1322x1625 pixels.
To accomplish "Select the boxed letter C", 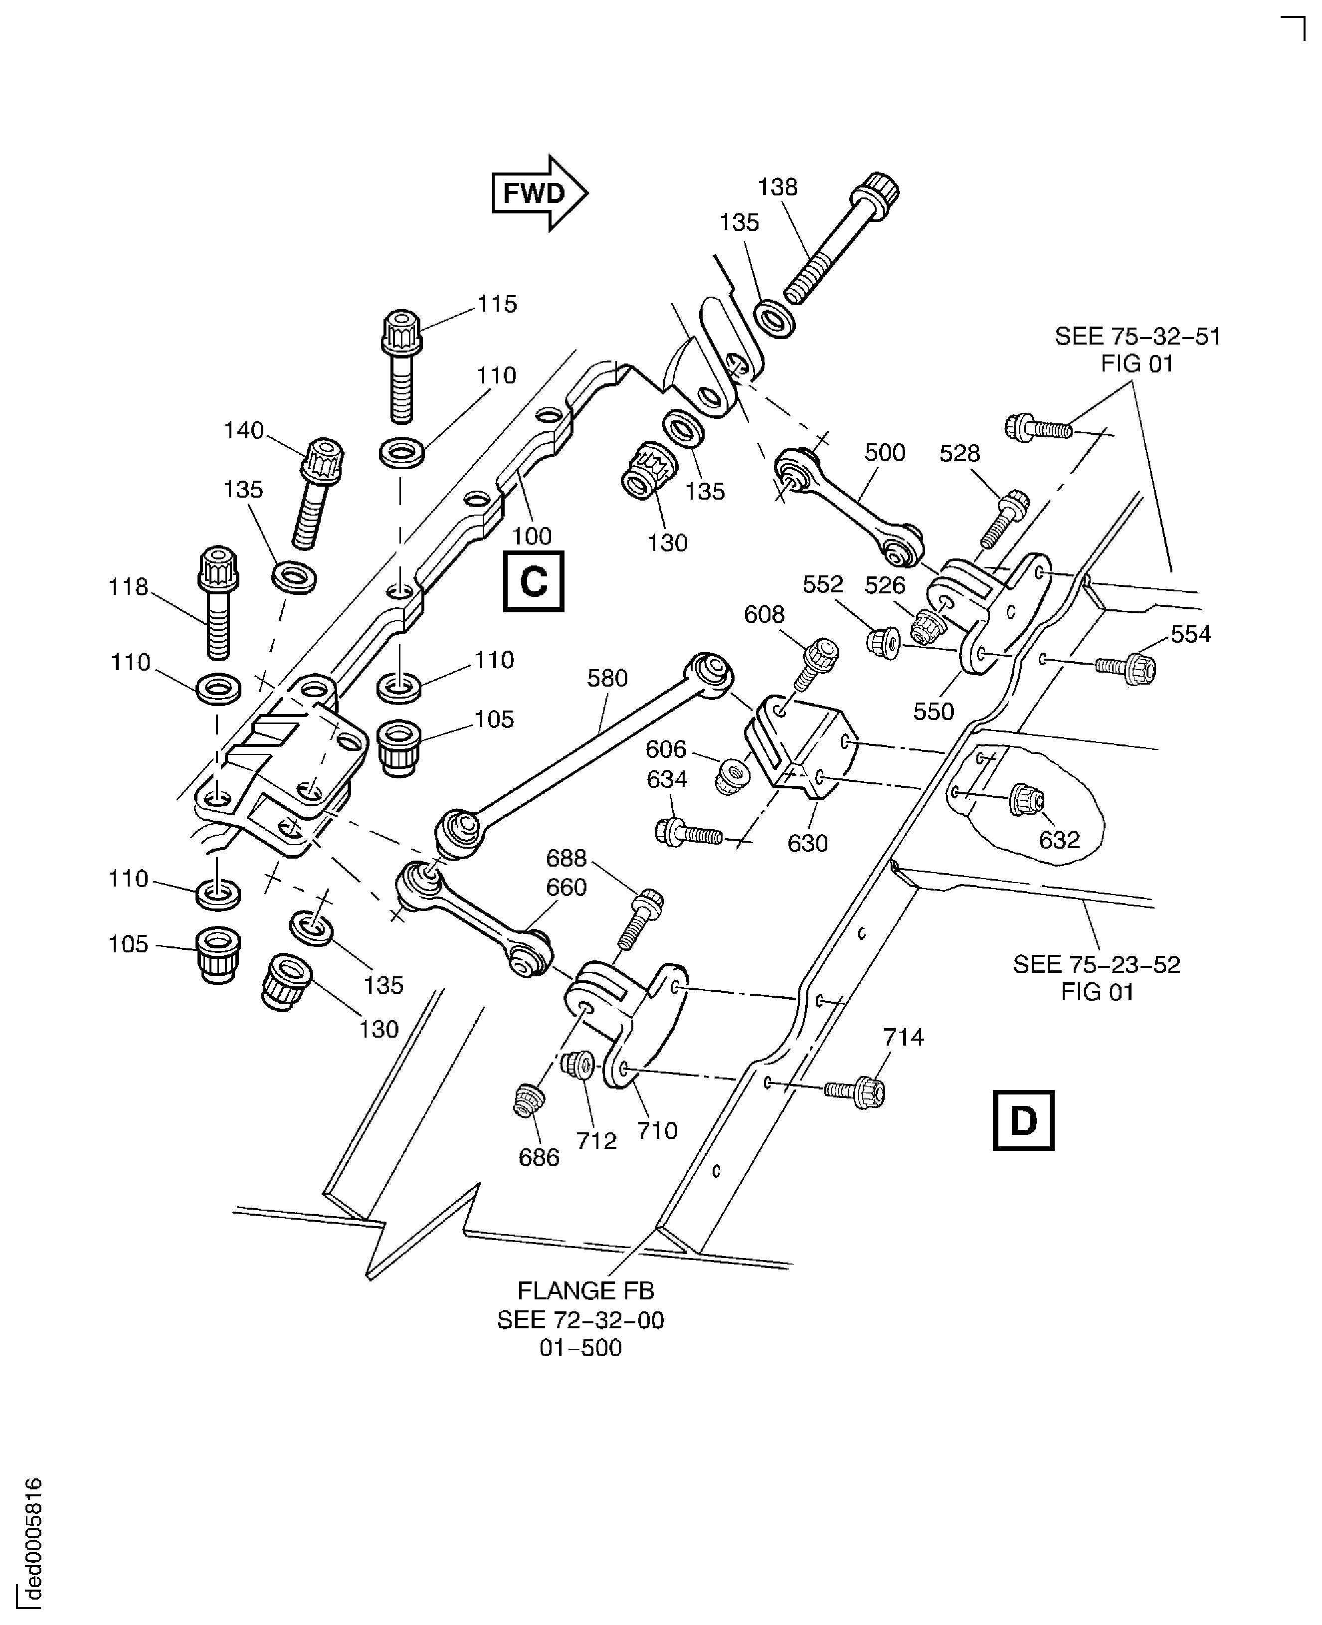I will tap(533, 582).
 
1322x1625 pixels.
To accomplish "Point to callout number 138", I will tap(777, 187).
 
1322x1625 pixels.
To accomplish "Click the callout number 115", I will tap(497, 304).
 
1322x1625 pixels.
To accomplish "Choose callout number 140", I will tap(244, 430).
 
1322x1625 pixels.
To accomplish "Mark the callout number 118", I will tap(128, 586).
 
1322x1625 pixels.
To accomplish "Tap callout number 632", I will tap(1059, 840).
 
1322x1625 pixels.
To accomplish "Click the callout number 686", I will tap(539, 1157).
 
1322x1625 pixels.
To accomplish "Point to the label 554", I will tap(1190, 634).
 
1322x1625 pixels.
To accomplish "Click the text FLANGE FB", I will tap(585, 1291).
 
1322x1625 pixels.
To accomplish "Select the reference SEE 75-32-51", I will tap(1137, 337).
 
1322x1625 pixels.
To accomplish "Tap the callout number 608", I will tap(764, 614).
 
